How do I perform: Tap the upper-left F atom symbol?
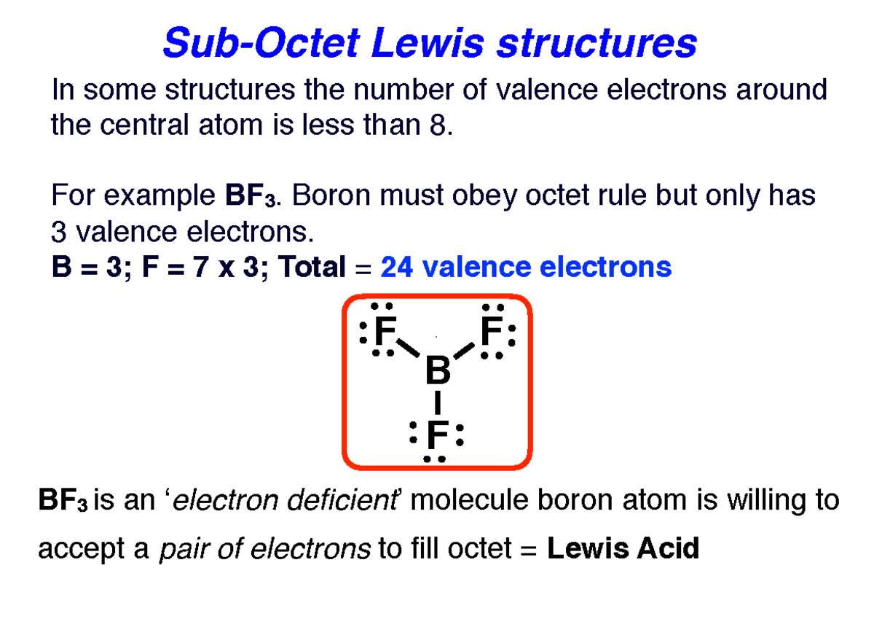[x=384, y=334]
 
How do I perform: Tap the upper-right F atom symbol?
[x=491, y=334]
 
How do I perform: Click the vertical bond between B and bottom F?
[x=437, y=402]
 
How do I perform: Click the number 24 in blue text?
[x=397, y=268]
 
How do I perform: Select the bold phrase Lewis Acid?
[x=623, y=548]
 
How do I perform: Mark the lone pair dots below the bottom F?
[x=436, y=459]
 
